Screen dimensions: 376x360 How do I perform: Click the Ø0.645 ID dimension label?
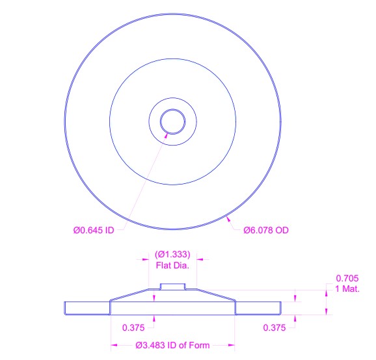click(94, 230)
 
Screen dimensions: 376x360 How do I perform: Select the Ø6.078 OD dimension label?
click(266, 230)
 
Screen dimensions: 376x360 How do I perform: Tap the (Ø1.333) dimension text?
click(172, 254)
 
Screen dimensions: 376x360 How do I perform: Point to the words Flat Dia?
click(172, 265)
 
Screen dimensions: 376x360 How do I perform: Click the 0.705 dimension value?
click(347, 278)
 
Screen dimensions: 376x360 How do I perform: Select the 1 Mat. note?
click(347, 289)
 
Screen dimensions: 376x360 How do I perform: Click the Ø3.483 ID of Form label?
click(172, 345)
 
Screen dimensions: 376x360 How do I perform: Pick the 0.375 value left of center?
click(133, 328)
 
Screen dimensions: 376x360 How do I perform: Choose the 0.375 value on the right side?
click(275, 328)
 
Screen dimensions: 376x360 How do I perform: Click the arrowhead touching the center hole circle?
click(166, 135)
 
